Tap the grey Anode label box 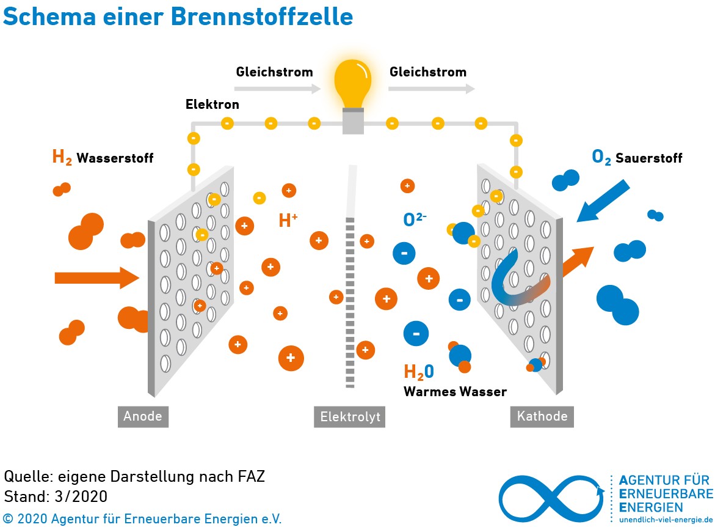(x=143, y=417)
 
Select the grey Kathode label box (x=542, y=417)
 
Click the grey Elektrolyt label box (x=350, y=417)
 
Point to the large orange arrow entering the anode (x=96, y=278)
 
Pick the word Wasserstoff (x=115, y=158)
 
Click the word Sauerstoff (x=648, y=158)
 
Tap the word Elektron (x=212, y=105)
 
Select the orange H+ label (x=288, y=220)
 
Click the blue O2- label (x=415, y=219)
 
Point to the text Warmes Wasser (x=455, y=392)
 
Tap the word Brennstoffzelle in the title (x=262, y=17)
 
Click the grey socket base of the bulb (x=353, y=121)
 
